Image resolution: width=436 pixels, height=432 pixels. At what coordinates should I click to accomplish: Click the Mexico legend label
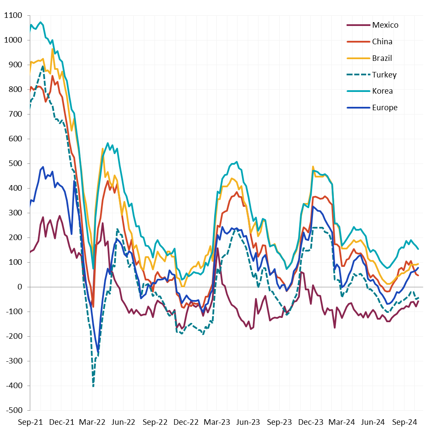[385, 25]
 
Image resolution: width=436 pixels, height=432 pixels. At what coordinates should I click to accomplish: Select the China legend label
[382, 42]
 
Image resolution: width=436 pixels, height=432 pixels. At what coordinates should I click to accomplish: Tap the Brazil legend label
[382, 58]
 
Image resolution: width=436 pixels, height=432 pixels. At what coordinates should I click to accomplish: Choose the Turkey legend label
[384, 75]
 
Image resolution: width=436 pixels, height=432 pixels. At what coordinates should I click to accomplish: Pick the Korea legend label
[382, 91]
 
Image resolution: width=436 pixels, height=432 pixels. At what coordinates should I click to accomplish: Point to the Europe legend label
[384, 108]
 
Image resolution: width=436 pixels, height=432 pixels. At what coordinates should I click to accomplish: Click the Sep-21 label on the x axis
[30, 422]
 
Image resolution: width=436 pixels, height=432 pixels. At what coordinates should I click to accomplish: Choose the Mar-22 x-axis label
[92, 422]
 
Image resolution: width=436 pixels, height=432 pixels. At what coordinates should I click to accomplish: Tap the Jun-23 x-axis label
[248, 422]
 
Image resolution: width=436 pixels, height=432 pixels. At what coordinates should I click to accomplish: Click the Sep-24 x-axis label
[404, 422]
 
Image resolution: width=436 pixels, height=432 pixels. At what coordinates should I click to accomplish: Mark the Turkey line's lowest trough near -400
[93, 386]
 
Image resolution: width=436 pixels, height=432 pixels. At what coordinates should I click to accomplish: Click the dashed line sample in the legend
[358, 75]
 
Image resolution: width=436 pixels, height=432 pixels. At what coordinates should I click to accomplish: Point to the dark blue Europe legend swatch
[358, 108]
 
